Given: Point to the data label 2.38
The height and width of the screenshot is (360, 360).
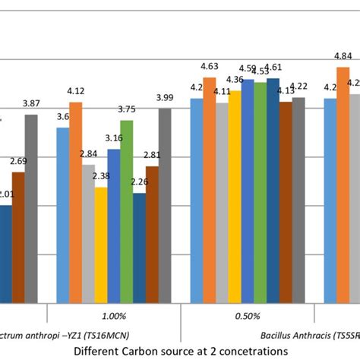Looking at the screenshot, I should tap(101, 177).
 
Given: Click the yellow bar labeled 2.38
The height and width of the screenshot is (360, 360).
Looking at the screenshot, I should tap(101, 243).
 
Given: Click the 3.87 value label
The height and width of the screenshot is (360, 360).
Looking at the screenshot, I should tap(31, 103).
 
